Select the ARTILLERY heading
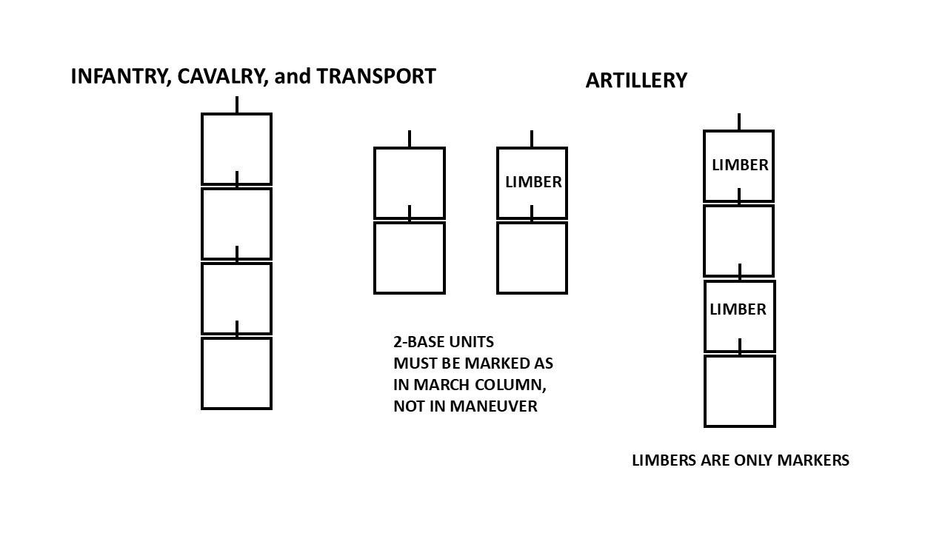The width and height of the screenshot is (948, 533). coord(636,81)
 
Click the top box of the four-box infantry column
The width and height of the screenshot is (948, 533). coord(236,148)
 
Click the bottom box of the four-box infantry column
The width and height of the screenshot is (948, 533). coord(236,373)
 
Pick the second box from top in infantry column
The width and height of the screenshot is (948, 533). coord(236,224)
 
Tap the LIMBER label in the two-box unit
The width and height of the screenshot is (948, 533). coord(533,182)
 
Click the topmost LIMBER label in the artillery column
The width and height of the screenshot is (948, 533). coord(740,165)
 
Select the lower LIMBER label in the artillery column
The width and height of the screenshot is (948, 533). coord(738,309)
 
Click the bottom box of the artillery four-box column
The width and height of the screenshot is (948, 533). coord(739,391)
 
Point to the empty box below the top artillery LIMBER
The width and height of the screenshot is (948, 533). coord(738,241)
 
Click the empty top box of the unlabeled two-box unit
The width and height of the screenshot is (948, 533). coord(409,182)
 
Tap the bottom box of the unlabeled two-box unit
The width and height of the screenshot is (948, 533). coord(409,258)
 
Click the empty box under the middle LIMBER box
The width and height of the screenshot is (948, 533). coord(532,258)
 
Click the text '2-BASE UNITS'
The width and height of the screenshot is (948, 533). coord(443,342)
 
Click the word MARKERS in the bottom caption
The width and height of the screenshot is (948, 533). coord(813,460)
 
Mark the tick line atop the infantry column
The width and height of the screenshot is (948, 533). coord(237,104)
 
